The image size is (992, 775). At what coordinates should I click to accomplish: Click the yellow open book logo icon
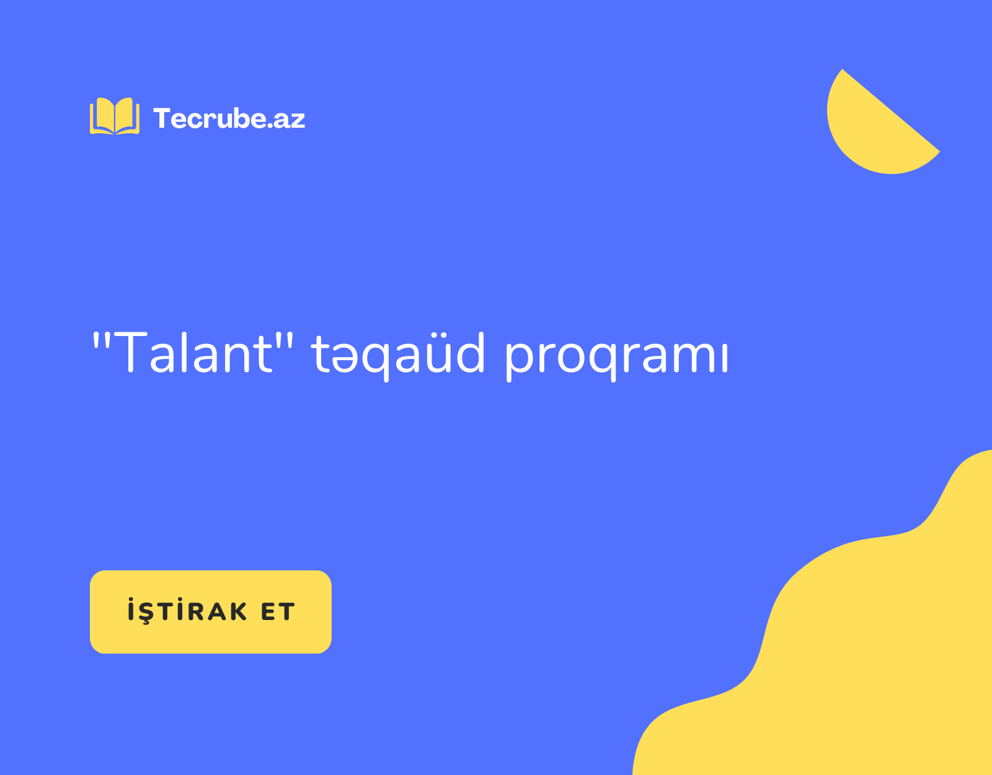coord(115,116)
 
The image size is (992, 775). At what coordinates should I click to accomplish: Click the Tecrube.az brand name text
coord(229,118)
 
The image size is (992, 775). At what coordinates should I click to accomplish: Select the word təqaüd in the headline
coord(397,356)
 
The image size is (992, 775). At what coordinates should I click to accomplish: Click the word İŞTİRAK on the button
coord(187,610)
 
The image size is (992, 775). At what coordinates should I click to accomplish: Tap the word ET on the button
coord(278,612)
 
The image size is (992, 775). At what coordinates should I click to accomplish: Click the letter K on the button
coord(238,612)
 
